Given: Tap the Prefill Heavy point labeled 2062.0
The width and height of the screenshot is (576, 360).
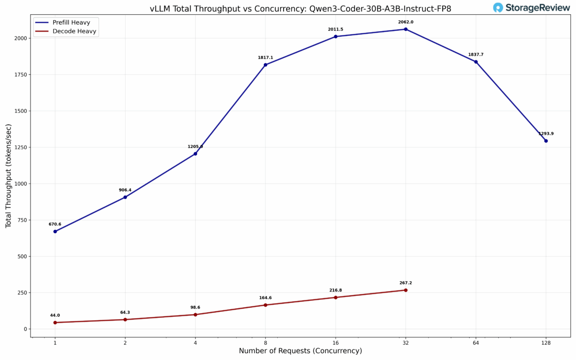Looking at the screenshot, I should (406, 29).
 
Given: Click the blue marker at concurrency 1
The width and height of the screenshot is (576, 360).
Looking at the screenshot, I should (55, 231).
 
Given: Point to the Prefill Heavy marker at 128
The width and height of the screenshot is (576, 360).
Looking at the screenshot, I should (546, 141).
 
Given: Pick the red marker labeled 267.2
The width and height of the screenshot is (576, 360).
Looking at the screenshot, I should (406, 290).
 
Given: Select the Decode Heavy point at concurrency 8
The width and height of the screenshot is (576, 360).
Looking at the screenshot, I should (265, 305).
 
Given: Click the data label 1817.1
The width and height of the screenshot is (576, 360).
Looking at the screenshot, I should (265, 58).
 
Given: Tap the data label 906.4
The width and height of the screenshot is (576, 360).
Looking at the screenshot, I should (125, 190).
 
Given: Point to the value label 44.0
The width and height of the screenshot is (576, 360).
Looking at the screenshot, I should (55, 315).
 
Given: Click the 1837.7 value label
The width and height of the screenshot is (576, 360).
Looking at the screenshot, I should (476, 55).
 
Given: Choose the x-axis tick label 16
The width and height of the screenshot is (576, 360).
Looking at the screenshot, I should (335, 342).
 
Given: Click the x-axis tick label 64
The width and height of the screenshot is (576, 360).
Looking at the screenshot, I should (476, 342).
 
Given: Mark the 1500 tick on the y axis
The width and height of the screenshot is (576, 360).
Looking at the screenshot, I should (22, 111).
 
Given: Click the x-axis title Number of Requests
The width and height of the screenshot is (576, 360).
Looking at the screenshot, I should (300, 351).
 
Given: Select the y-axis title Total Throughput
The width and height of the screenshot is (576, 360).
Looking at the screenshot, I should (8, 176).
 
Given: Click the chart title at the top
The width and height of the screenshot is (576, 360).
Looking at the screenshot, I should (300, 8).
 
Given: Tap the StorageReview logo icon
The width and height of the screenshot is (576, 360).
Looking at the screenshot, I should (498, 7).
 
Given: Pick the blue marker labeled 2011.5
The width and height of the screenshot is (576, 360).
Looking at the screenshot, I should (336, 36).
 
